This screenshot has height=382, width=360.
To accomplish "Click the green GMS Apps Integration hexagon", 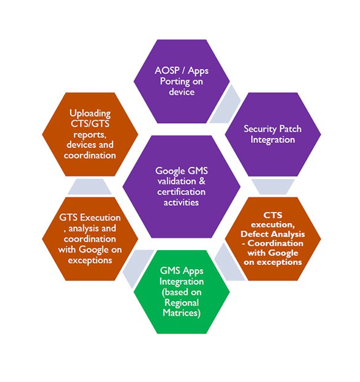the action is point(182,292).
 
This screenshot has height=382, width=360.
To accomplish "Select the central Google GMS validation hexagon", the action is point(182,187).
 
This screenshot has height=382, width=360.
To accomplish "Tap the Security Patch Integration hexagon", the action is point(273,134).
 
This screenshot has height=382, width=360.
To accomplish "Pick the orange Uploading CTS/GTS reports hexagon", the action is point(90,134).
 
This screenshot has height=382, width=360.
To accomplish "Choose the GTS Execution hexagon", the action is point(90,239).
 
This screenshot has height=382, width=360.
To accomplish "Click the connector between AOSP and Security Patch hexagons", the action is point(225,105).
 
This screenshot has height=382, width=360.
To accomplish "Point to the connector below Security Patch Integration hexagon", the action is point(273,187).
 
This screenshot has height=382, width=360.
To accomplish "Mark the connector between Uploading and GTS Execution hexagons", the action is point(90,187).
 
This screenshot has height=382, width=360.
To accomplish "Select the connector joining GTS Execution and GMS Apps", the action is point(138,268).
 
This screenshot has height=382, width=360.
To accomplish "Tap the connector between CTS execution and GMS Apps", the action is point(229,262).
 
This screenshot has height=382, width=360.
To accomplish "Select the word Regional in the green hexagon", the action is point(182,303).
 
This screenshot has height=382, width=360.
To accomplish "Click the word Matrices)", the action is point(182,313).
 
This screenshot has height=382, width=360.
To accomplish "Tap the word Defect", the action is point(252,234).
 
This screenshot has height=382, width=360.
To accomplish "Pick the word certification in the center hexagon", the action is point(182,192).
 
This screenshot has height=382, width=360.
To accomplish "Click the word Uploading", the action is point(90,113).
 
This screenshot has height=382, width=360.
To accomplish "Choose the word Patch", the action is point(290,129).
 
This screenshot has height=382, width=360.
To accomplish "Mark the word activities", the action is point(181,203).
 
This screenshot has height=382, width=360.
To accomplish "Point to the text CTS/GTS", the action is point(90,124).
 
